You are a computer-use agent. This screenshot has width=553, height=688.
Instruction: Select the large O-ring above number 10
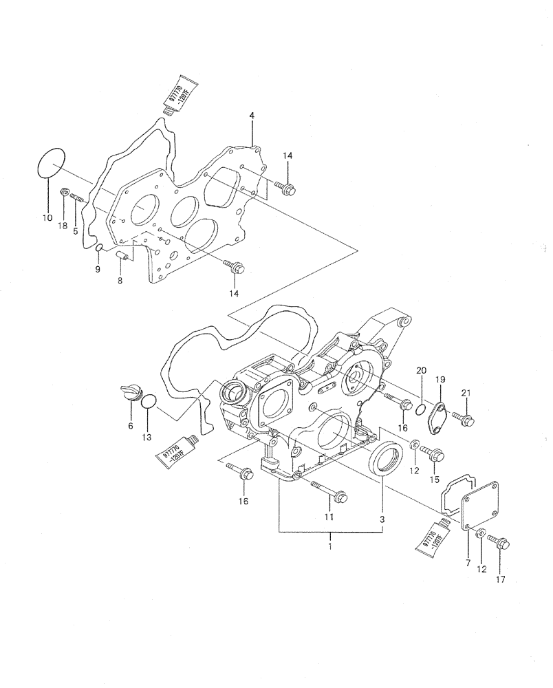pyautogui.click(x=50, y=163)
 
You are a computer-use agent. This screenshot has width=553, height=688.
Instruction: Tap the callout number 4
pyautogui.click(x=252, y=116)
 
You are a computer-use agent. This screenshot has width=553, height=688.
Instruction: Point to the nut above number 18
pyautogui.click(x=65, y=192)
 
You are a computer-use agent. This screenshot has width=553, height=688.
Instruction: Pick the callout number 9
pyautogui.click(x=97, y=269)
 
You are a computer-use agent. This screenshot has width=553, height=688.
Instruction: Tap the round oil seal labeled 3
pyautogui.click(x=384, y=458)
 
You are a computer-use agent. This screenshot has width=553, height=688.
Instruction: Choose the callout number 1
pyautogui.click(x=330, y=546)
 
